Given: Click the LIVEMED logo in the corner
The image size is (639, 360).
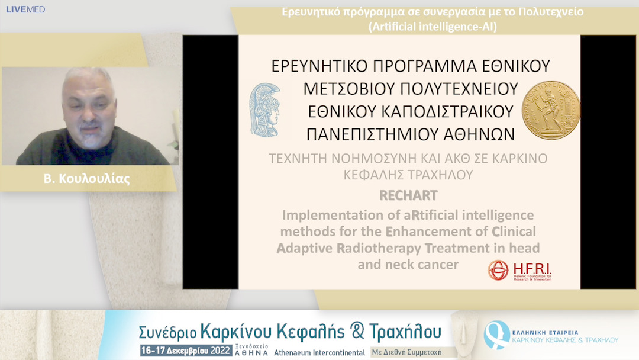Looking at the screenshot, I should pos(25,9).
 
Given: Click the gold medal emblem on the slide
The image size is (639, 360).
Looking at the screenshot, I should pos(550,111).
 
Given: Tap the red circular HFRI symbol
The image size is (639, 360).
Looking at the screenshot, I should pos(498,270).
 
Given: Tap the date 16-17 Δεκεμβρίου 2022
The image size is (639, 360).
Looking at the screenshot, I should pos(185,351).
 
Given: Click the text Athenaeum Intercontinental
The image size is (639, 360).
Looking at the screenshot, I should pos(319,352).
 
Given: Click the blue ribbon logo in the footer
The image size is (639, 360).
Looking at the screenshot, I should pos(496,334).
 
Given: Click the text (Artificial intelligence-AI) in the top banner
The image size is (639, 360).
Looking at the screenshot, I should pos(433,26).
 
